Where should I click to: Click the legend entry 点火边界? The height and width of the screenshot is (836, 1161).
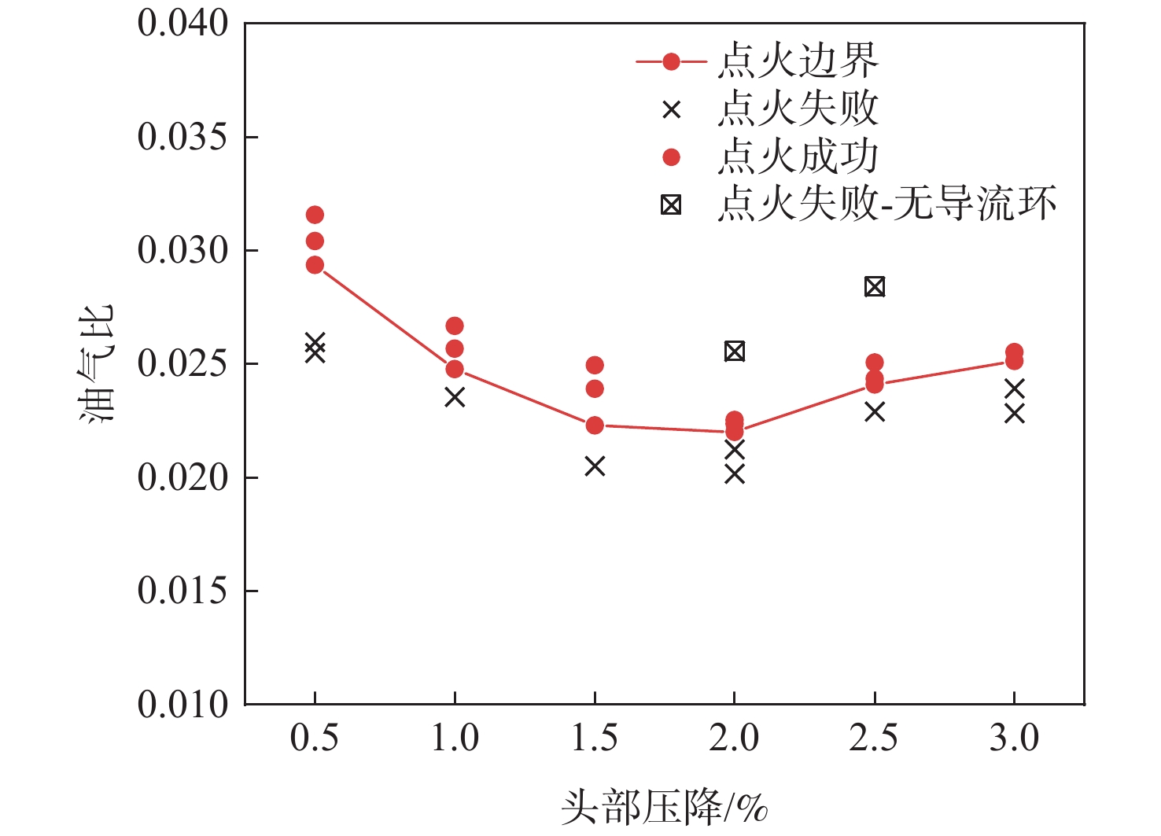(797, 61)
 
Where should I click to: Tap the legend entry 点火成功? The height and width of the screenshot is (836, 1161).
(797, 157)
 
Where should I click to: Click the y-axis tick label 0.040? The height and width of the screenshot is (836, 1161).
(182, 24)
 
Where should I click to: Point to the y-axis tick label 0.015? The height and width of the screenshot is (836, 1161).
(182, 591)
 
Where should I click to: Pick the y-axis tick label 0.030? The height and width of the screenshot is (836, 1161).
(182, 251)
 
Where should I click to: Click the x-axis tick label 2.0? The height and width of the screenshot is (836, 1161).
(734, 738)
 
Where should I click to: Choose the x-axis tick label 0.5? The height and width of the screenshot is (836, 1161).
(315, 738)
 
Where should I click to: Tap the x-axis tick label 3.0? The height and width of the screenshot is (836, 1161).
(1014, 738)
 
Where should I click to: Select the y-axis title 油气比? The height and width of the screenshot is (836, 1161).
(97, 363)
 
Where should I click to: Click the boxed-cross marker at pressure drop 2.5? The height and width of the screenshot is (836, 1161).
(875, 286)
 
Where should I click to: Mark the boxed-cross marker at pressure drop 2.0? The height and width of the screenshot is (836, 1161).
(735, 351)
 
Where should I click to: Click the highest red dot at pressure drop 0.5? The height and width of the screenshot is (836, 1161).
(315, 215)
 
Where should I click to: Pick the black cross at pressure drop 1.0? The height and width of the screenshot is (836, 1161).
(455, 397)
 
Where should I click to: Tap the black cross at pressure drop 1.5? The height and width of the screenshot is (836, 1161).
(595, 466)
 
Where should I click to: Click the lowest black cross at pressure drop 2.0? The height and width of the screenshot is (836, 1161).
(735, 473)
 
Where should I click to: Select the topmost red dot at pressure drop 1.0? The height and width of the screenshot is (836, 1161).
(455, 326)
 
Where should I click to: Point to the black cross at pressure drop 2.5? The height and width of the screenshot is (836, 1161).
(875, 411)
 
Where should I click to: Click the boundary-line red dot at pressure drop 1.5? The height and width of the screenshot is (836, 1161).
(595, 425)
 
